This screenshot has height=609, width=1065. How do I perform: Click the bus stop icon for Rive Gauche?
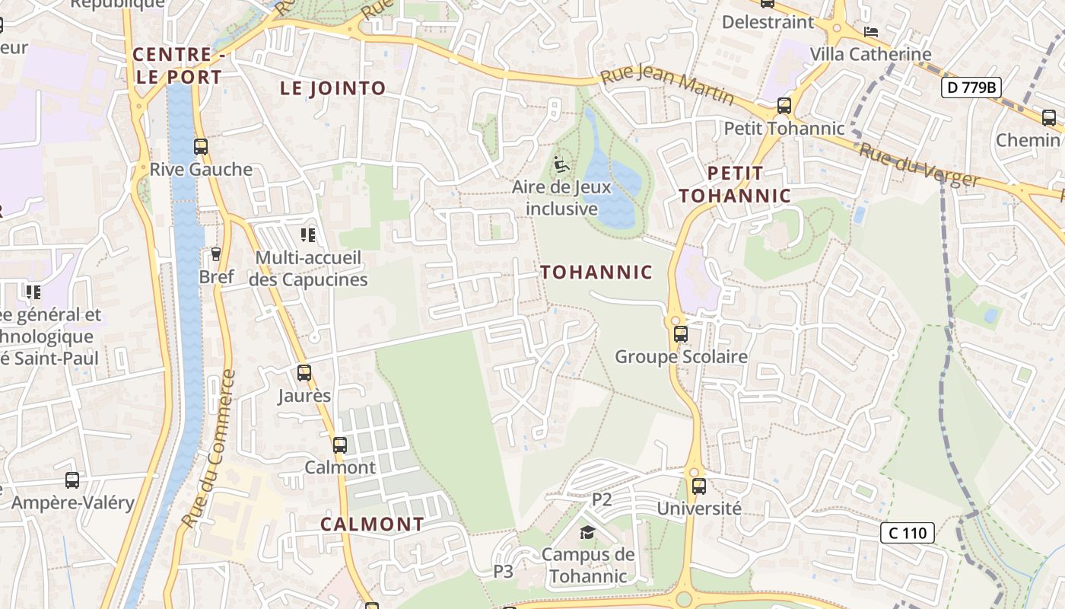pyautogui.click(x=201, y=147)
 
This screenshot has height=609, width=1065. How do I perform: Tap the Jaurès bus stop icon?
pyautogui.click(x=304, y=373)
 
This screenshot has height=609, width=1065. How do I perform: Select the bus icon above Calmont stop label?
pyautogui.click(x=340, y=445)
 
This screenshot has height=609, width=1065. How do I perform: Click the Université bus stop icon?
pyautogui.click(x=698, y=486)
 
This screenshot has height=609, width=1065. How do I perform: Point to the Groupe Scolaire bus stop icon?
pyautogui.click(x=681, y=334)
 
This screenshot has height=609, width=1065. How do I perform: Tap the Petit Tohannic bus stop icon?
pyautogui.click(x=784, y=106)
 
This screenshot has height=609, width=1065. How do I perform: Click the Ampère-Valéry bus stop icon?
pyautogui.click(x=72, y=480)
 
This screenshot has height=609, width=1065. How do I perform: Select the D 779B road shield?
pyautogui.click(x=971, y=88)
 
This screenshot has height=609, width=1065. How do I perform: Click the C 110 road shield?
pyautogui.click(x=908, y=533)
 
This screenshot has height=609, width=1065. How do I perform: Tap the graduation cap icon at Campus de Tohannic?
pyautogui.click(x=587, y=532)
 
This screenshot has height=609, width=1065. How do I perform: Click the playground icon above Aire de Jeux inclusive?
pyautogui.click(x=561, y=164)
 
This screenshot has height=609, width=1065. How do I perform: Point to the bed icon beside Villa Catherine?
pyautogui.click(x=871, y=32)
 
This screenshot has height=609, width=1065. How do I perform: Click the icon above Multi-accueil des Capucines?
pyautogui.click(x=308, y=235)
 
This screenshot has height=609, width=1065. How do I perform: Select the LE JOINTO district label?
pyautogui.click(x=333, y=88)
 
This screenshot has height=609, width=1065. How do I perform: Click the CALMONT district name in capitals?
pyautogui.click(x=372, y=525)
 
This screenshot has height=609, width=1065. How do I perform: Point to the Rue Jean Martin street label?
pyautogui.click(x=667, y=86)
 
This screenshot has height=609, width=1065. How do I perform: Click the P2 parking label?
pyautogui.click(x=602, y=499)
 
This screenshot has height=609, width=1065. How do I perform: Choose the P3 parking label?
pyautogui.click(x=504, y=571)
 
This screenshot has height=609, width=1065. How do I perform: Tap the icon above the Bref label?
pyautogui.click(x=216, y=253)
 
